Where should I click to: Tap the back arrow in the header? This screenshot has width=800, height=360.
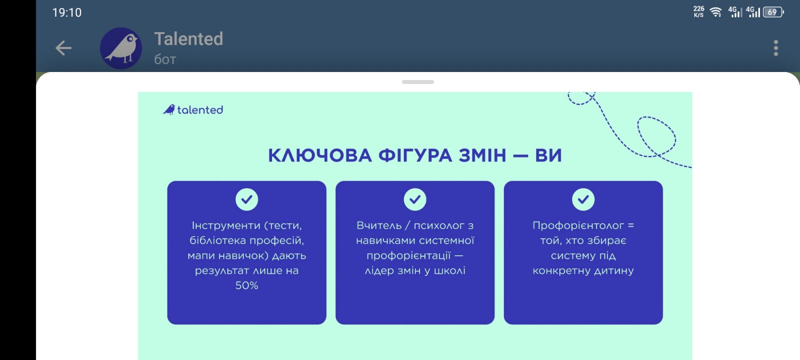63,48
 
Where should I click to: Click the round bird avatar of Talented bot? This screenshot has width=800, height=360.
120,48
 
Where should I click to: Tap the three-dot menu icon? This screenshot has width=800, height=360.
775,48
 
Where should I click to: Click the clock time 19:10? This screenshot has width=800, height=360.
67,12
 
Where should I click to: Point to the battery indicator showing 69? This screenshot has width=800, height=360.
773,12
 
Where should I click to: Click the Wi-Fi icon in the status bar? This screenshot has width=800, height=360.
715,12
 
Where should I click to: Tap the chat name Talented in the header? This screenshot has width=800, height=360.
188,38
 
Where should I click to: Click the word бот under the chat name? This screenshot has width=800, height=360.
165,59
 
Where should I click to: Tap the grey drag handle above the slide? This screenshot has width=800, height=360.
418,82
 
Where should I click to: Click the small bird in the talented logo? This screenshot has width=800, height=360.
169,109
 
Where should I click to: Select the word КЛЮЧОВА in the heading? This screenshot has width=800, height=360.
320,155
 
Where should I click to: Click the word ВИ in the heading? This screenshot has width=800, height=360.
548,155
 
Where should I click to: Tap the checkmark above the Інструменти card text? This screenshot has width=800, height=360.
247,199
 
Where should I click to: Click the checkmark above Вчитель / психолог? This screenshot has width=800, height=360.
415,199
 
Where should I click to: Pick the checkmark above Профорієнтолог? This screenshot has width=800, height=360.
583,199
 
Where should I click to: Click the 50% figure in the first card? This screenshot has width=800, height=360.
247,285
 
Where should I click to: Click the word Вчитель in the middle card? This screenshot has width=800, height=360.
379,225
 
